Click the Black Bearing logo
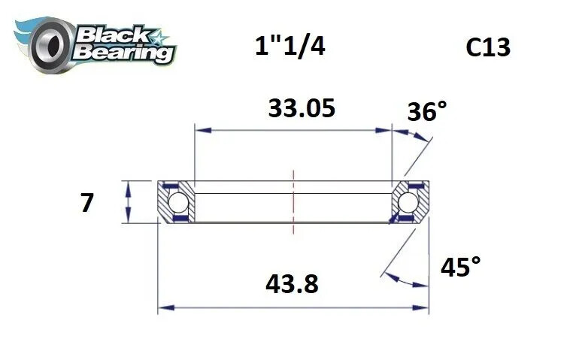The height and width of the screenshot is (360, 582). [93, 41]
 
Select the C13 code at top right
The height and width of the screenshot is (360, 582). [488, 47]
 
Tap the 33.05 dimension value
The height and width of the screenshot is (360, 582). [301, 108]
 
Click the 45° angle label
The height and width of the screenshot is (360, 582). [459, 267]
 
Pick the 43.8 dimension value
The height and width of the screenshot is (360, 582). [292, 284]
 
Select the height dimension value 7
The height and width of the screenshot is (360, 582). [87, 203]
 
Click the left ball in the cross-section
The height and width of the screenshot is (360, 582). [177, 202]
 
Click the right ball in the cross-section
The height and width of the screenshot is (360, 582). [408, 202]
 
